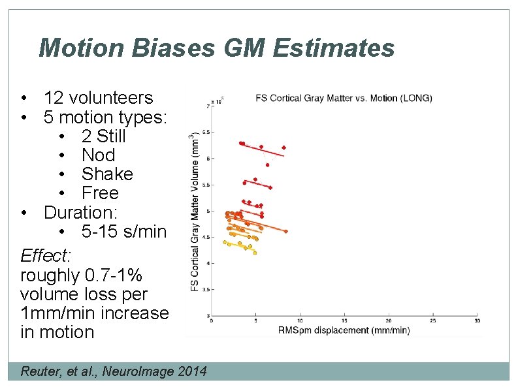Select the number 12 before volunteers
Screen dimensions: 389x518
coord(54,98)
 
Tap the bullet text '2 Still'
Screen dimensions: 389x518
coord(103,136)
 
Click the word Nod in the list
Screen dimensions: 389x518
coord(98,155)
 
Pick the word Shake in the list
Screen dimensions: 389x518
coord(106,174)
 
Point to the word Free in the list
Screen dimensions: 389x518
coord(100,193)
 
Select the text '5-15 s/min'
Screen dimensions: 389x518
coord(124,231)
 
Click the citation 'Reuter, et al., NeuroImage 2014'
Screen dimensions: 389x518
coord(114,371)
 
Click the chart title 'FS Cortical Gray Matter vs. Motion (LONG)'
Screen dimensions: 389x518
coord(344,99)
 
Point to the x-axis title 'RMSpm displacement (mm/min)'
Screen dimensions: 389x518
coord(344,330)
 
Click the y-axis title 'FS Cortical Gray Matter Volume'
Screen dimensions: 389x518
coord(194,212)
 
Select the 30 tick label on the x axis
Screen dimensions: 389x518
coord(477,320)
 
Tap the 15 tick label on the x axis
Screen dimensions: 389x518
coord(344,320)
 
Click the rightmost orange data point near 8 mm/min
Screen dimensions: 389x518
coord(285,231)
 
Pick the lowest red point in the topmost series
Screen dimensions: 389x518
coord(267,165)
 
